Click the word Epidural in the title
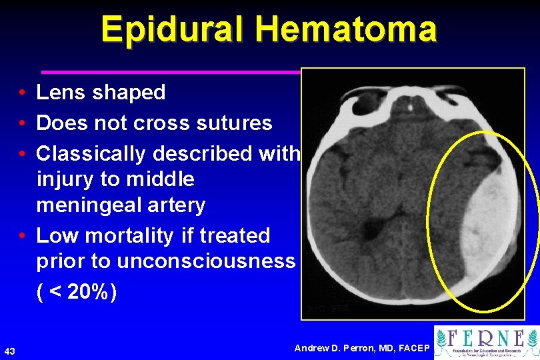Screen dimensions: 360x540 pos(171,29)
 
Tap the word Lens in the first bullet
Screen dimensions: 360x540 pos(61,93)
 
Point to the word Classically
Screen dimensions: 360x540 pos(91,154)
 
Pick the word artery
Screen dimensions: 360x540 pos(177,205)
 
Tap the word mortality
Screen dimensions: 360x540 pos(135,235)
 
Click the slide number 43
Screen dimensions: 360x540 pos(10,351)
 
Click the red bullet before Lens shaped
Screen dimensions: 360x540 pos(23,93)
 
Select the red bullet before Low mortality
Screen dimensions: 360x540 pos(23,236)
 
